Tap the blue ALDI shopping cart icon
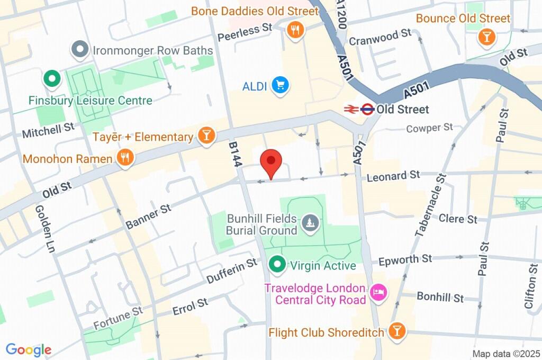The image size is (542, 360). (280, 86)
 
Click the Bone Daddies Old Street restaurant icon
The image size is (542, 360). (295, 30)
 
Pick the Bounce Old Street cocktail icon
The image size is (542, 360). (485, 37)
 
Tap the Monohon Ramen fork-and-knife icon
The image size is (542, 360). (125, 157)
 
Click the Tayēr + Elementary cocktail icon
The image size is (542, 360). (205, 136)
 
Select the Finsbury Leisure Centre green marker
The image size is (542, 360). (52, 80)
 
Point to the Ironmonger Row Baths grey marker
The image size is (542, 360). (80, 50)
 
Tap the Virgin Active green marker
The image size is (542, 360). (276, 264)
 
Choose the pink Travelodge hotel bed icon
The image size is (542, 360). (378, 293)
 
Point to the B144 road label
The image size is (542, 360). (236, 154)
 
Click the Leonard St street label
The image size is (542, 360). (393, 175)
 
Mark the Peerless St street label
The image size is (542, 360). (245, 31)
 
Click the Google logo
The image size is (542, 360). (29, 349)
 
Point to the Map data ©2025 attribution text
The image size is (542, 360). (505, 354)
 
